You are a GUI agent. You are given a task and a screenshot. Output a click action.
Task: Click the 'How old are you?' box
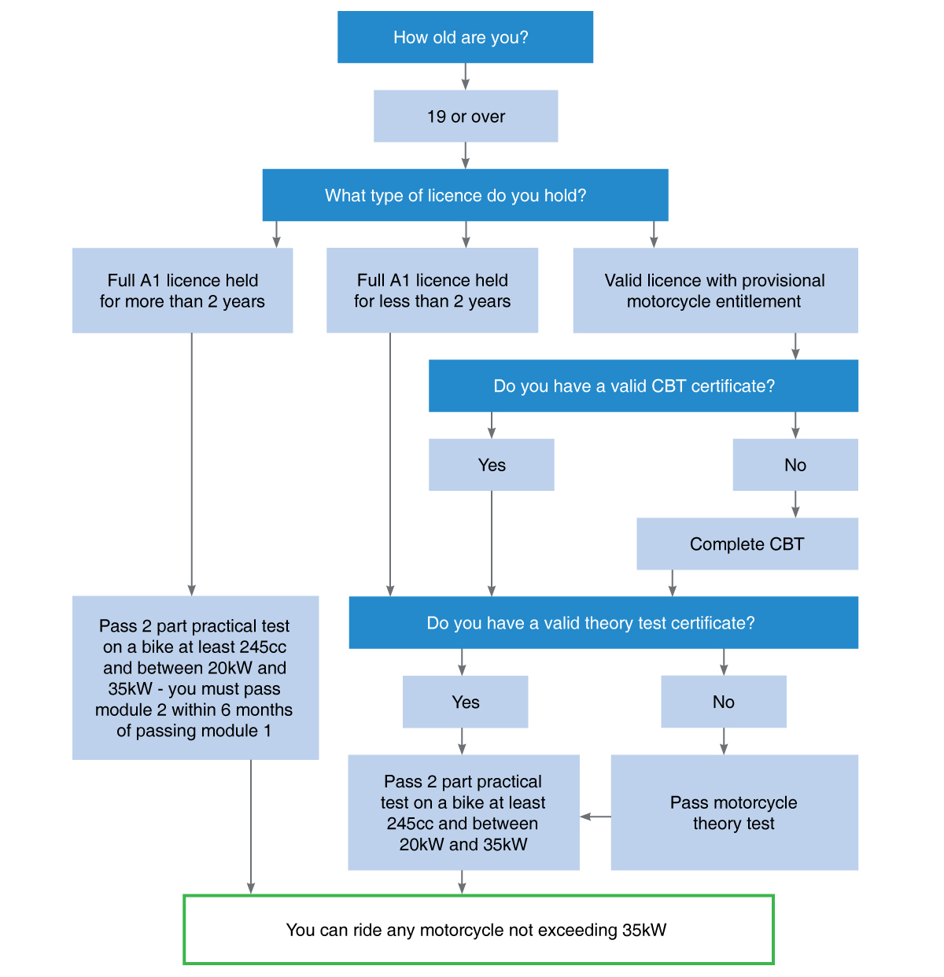click(x=465, y=37)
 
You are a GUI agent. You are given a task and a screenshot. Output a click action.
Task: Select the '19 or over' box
click(x=466, y=116)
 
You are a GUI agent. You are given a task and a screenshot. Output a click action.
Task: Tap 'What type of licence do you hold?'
click(x=465, y=195)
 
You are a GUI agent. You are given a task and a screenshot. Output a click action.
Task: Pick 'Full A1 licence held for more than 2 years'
click(x=183, y=290)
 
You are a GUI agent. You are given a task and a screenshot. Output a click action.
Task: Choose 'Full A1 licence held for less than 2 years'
click(x=432, y=290)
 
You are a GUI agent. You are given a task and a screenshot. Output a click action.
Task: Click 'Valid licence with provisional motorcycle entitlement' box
click(x=715, y=290)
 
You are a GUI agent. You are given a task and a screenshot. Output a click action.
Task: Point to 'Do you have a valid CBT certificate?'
click(x=643, y=385)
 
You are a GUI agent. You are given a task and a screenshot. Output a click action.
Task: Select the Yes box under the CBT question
click(x=491, y=464)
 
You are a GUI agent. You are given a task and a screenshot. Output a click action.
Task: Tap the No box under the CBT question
click(x=795, y=464)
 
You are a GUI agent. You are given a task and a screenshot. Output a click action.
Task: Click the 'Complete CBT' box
click(x=747, y=544)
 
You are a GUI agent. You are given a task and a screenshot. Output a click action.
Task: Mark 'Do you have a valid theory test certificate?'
click(x=603, y=622)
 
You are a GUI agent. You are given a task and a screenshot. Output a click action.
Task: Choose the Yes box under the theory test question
click(x=465, y=701)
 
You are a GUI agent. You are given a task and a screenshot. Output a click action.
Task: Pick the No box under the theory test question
click(x=723, y=701)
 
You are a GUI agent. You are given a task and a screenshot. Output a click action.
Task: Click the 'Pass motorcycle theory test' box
click(x=734, y=812)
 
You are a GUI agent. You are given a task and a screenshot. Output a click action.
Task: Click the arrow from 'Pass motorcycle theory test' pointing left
click(x=596, y=817)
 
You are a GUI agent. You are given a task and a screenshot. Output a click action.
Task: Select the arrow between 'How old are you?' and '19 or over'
click(x=466, y=76)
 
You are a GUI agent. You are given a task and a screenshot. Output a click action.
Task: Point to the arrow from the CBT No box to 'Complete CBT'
click(x=795, y=504)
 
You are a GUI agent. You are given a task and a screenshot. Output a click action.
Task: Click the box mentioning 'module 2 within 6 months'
click(x=195, y=677)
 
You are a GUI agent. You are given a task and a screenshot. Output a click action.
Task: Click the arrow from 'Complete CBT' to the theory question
click(x=672, y=583)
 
